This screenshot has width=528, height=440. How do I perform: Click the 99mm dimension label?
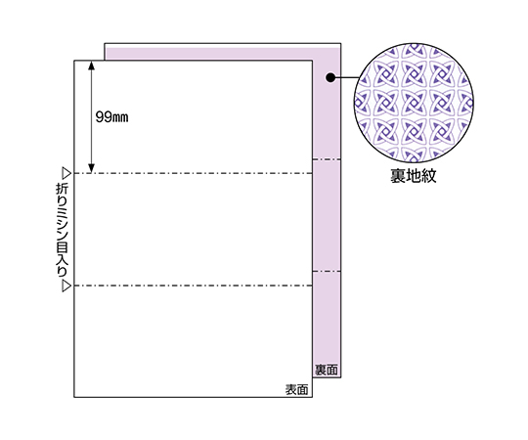[111, 117]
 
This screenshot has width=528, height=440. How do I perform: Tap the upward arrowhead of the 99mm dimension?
[91, 65]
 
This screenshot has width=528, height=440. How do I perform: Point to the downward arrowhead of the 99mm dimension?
[91, 168]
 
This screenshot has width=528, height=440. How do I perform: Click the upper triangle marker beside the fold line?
[66, 174]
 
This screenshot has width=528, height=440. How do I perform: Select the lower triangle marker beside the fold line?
[66, 286]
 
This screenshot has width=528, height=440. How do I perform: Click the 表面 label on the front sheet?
[296, 389]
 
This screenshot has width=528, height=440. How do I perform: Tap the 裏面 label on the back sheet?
[327, 370]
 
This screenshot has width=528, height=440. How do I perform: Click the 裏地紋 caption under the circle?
[414, 175]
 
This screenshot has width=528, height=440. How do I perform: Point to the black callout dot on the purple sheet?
[330, 78]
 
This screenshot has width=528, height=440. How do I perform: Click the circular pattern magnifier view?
[414, 103]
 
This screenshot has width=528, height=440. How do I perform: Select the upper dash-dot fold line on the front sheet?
[194, 173]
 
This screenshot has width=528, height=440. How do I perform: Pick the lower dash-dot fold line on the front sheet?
[194, 286]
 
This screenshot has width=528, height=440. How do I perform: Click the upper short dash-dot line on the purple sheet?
[327, 159]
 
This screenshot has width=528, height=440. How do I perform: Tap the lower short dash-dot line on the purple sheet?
[327, 272]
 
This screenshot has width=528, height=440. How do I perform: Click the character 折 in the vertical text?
[62, 189]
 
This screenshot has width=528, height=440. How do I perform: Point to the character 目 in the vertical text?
[62, 246]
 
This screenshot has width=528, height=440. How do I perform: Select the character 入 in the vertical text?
[62, 260]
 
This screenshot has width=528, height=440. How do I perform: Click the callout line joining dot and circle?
[344, 78]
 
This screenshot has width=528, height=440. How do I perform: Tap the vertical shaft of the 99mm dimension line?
[91, 116]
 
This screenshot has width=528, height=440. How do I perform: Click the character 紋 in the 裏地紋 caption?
[428, 175]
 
